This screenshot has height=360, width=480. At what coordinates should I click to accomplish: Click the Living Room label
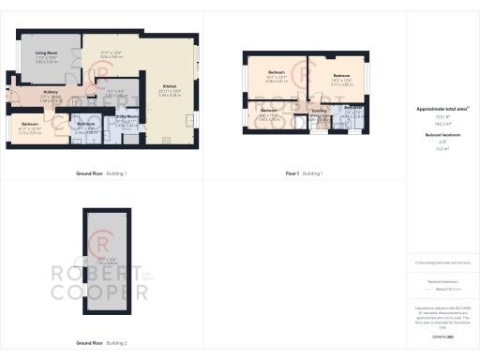[x=47, y=53]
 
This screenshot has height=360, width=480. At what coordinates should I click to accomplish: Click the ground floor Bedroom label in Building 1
[x=31, y=124]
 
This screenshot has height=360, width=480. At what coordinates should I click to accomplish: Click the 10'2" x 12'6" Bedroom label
[x=340, y=75]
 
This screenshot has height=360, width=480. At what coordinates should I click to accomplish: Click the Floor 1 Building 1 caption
[x=304, y=174]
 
